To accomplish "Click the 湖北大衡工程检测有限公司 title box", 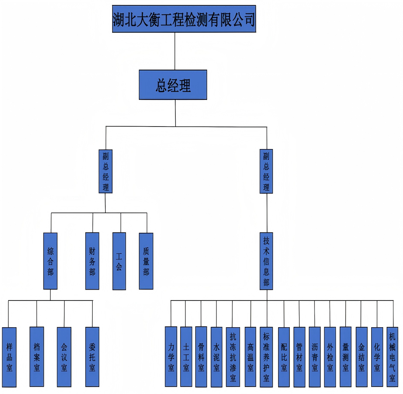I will pos(184,19).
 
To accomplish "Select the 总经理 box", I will pos(173,85).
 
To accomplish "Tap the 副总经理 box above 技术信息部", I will pos(266,171).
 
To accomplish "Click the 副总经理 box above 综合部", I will pos(106,171).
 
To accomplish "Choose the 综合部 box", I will pos(50,261).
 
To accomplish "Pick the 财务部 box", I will pos(92,261).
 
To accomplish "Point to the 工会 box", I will pos(119,261).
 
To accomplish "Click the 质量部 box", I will pos(146,261).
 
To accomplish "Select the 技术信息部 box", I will pos(266,261).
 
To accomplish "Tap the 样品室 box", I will pos(9,357).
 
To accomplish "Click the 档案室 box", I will pos(37,357).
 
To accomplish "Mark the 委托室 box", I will pos(92,357).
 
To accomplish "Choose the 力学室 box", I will pos(171,357).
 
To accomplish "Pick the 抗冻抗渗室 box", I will pos(233,357).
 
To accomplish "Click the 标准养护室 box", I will pos(266,357).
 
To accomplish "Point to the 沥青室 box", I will pos(315,357).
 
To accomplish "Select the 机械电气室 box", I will pos(393,357).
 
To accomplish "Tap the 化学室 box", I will pos(377,357).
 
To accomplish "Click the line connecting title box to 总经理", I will pos(175,51).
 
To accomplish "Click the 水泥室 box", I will pos(216,357).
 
